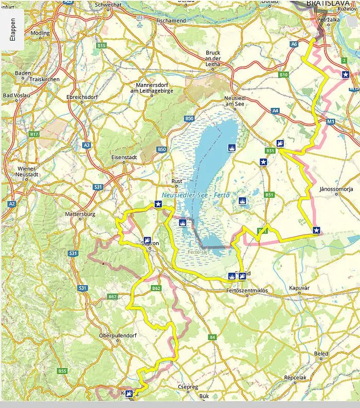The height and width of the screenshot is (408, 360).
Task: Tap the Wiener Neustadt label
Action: (x=26, y=171)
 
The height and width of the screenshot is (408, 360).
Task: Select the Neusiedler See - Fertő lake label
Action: (x=195, y=196)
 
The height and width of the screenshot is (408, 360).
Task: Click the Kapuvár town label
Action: (x=301, y=288)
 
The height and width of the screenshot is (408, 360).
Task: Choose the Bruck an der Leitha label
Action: (x=212, y=59)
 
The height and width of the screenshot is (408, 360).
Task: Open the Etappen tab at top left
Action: (x=12, y=30)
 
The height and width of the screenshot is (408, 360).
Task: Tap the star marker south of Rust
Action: (x=158, y=204)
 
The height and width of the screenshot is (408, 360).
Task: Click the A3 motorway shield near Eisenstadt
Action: (x=86, y=146)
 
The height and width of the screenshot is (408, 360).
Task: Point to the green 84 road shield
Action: (x=212, y=337)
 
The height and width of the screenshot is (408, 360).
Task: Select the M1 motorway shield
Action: (x=330, y=121)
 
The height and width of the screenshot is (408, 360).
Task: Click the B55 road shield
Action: (x=63, y=371)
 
